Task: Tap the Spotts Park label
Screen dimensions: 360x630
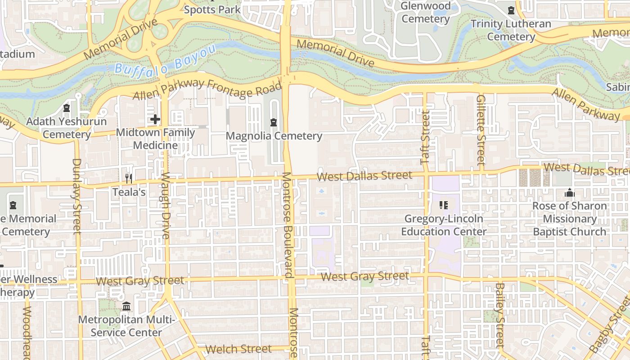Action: (x=212, y=9)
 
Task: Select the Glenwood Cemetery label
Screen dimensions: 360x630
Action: (x=425, y=13)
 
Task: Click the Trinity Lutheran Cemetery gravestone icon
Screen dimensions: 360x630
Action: (x=511, y=10)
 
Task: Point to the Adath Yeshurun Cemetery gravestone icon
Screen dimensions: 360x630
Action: (x=67, y=108)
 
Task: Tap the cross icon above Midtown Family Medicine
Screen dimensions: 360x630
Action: (x=155, y=119)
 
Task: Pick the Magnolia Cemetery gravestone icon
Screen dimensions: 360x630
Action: (x=273, y=122)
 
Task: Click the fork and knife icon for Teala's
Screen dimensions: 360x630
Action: (x=129, y=179)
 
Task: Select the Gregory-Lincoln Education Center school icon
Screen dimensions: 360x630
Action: (x=444, y=205)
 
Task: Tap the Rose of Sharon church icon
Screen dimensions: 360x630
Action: (x=569, y=193)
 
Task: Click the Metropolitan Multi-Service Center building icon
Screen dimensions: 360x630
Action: (x=126, y=306)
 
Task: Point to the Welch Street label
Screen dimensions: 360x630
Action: (x=238, y=349)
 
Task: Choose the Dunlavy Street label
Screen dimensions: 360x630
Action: (x=77, y=196)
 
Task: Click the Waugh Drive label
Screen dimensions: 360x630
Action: (x=166, y=206)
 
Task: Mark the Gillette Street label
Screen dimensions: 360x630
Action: (x=481, y=130)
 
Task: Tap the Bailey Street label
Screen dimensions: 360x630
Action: (x=499, y=315)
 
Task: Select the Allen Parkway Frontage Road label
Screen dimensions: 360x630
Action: (x=207, y=89)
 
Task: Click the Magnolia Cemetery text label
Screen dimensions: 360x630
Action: (x=274, y=136)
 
